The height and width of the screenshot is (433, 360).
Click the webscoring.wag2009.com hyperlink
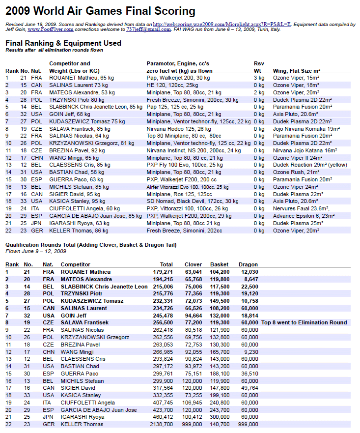pyautogui.click(x=222, y=24)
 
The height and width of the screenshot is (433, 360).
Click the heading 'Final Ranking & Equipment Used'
pyautogui.click(x=63, y=43)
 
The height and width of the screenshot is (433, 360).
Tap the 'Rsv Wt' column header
pyautogui.click(x=259, y=67)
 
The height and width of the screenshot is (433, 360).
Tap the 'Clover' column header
pyautogui.click(x=193, y=264)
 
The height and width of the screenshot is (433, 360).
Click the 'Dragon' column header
pyautogui.click(x=249, y=264)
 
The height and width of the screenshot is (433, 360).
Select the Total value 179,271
pyautogui.click(x=163, y=272)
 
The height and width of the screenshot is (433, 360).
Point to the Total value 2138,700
pyautogui.click(x=161, y=424)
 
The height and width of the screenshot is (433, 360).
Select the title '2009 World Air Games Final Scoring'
pyautogui.click(x=100, y=11)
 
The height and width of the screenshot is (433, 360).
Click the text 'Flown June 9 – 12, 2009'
pyautogui.click(x=35, y=251)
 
